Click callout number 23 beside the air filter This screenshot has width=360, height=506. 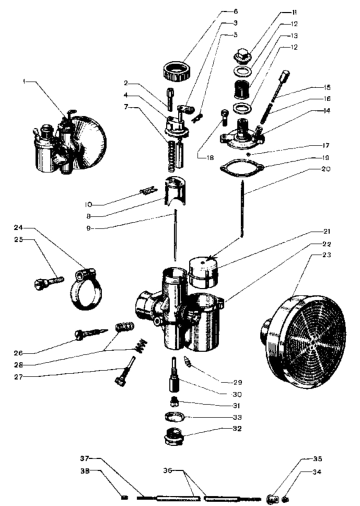pos(326,255)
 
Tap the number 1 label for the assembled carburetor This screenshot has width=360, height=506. pos(24,81)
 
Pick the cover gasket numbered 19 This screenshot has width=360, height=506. pos(241,167)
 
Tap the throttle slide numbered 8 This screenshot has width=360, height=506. pos(175,190)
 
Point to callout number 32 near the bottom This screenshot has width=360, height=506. pos(236,428)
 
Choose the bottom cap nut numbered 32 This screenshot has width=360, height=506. pos(174,436)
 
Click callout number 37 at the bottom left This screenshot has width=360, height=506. pos(84,458)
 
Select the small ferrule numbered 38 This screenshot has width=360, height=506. pos(124,497)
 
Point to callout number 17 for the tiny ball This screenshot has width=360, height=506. pos(326,145)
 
